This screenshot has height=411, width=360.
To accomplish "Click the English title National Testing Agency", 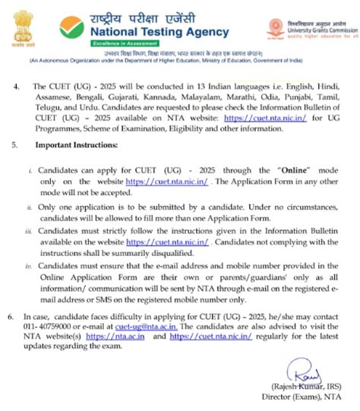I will [159, 32].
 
